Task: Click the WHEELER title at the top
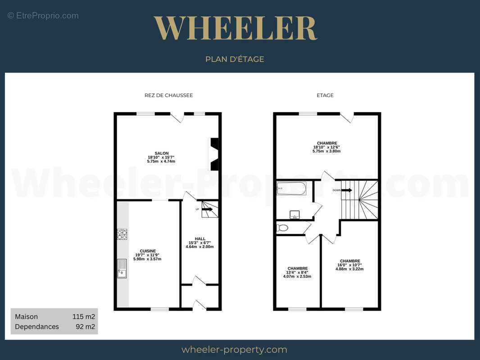point(235,28)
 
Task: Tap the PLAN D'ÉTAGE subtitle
point(235,59)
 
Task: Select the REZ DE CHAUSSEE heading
point(169,95)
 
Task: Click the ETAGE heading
point(325,95)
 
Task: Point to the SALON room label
point(161,153)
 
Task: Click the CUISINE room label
point(148,251)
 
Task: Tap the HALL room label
point(200,239)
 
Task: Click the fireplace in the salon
point(214,154)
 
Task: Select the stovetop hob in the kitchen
point(122,234)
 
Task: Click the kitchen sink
point(122,269)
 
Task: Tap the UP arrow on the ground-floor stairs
point(207,210)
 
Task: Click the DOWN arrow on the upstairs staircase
point(347,190)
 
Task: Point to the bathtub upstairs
point(291,189)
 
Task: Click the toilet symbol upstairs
point(282,228)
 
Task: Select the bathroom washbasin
point(294,215)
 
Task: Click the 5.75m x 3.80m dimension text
point(326,151)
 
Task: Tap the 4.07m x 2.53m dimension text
point(297,276)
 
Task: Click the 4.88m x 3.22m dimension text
point(349,269)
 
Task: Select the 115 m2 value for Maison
point(84,317)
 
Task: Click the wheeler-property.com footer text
point(235,350)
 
